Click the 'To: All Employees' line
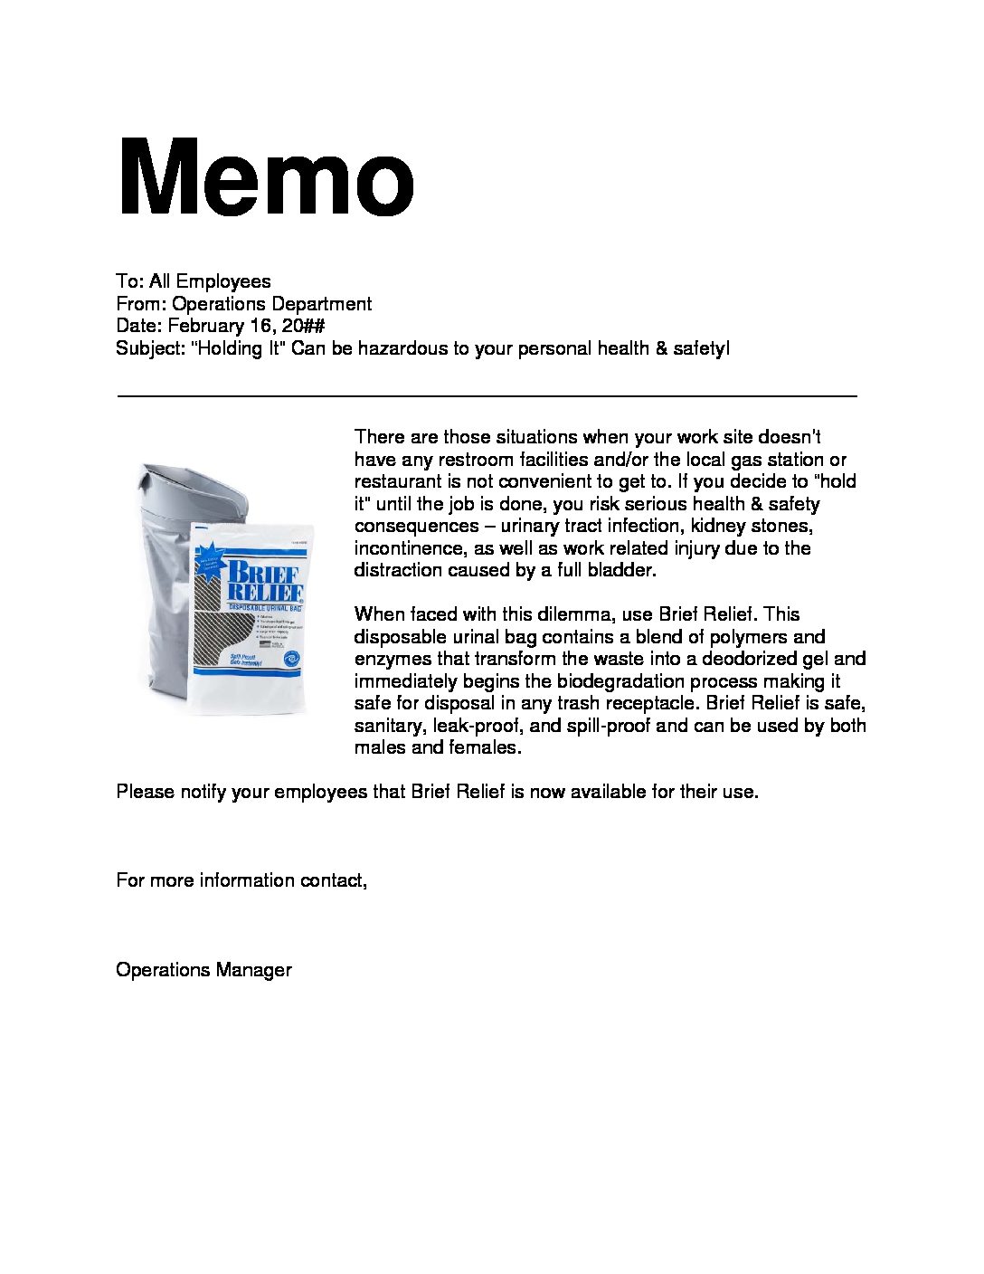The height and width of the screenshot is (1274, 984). click(x=193, y=281)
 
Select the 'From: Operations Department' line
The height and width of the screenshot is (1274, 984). click(x=243, y=304)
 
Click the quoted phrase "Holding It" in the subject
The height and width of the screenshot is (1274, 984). click(x=238, y=348)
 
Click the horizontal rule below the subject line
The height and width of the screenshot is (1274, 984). click(x=487, y=396)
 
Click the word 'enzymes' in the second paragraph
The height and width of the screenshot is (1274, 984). click(x=388, y=659)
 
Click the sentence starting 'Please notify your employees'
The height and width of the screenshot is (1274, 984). click(x=437, y=792)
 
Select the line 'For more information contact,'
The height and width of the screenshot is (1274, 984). click(x=241, y=880)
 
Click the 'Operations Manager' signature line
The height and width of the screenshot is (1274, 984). click(x=203, y=970)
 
